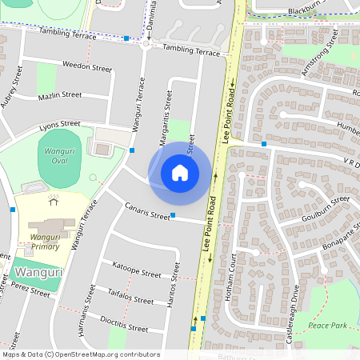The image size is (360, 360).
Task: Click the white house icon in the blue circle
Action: pos(180,172)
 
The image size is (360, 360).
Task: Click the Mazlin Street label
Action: pos(60,95)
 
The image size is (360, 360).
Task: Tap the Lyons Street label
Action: pos(60,124)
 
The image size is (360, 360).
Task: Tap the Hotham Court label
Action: pos(231,276)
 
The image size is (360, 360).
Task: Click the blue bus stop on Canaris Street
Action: pos(173,215)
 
